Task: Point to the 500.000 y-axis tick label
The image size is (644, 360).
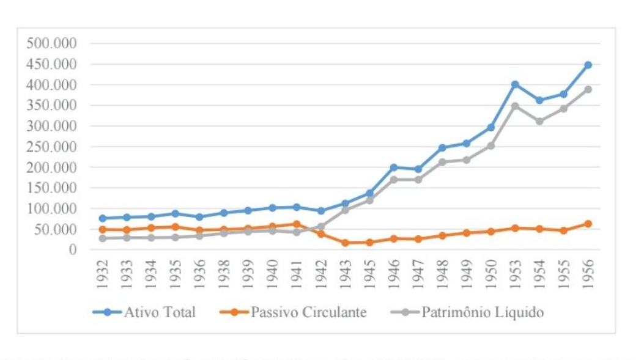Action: tap(51, 43)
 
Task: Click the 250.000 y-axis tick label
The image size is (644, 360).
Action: tap(51, 147)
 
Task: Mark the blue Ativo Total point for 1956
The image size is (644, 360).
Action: tap(588, 65)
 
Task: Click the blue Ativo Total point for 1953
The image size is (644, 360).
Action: tap(515, 84)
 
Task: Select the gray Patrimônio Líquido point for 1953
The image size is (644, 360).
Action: tap(515, 106)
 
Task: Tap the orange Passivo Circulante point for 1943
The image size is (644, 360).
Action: tap(345, 243)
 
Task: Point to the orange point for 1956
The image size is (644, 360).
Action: tap(588, 224)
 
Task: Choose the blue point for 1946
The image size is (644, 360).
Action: tap(394, 167)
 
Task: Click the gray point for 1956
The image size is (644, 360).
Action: tap(588, 89)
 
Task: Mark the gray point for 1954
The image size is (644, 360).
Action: tap(539, 121)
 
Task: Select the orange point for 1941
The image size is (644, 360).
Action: tap(297, 224)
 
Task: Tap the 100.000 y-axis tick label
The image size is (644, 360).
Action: tap(51, 208)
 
